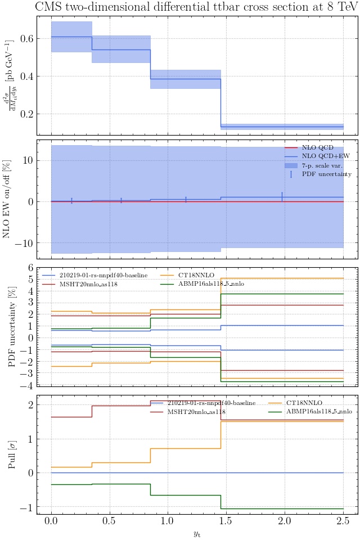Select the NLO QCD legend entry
point(317,147)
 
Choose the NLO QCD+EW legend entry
point(323,156)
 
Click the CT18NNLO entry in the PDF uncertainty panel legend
point(195,275)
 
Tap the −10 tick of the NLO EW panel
point(24,243)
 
